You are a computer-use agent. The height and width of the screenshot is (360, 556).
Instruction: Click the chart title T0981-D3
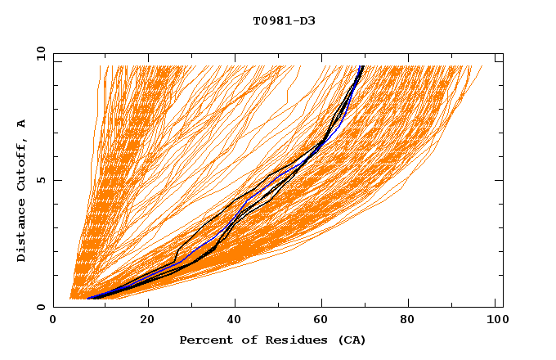[284, 21]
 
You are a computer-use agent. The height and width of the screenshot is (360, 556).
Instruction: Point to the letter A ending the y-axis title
[21, 124]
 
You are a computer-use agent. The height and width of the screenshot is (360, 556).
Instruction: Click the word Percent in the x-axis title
[205, 340]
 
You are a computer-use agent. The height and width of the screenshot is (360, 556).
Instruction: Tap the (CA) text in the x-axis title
[351, 340]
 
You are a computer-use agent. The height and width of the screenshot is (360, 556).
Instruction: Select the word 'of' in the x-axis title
[245, 340]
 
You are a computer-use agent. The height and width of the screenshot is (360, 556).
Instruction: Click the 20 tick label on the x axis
[147, 320]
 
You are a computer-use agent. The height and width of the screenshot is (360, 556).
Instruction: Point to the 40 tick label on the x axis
[235, 320]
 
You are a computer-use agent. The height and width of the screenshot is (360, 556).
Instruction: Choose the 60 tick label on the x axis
[322, 320]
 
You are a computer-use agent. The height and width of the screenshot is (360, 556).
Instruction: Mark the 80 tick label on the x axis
[410, 320]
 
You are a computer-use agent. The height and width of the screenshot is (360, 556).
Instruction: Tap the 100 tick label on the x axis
[495, 320]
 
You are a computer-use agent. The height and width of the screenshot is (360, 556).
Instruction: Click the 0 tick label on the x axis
[54, 320]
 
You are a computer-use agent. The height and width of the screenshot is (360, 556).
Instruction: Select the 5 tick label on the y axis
[40, 180]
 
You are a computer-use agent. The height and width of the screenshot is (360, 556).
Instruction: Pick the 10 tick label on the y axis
[38, 52]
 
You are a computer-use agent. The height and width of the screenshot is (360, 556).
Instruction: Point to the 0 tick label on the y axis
[40, 307]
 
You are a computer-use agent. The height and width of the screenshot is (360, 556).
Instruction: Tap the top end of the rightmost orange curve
[482, 66]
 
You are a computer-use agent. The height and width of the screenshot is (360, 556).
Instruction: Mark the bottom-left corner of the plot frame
[54, 307]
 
